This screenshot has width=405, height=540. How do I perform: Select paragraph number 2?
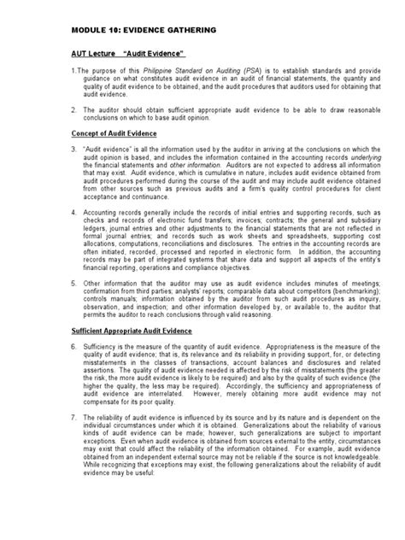(73, 110)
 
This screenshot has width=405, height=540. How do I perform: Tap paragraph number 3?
(73, 150)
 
